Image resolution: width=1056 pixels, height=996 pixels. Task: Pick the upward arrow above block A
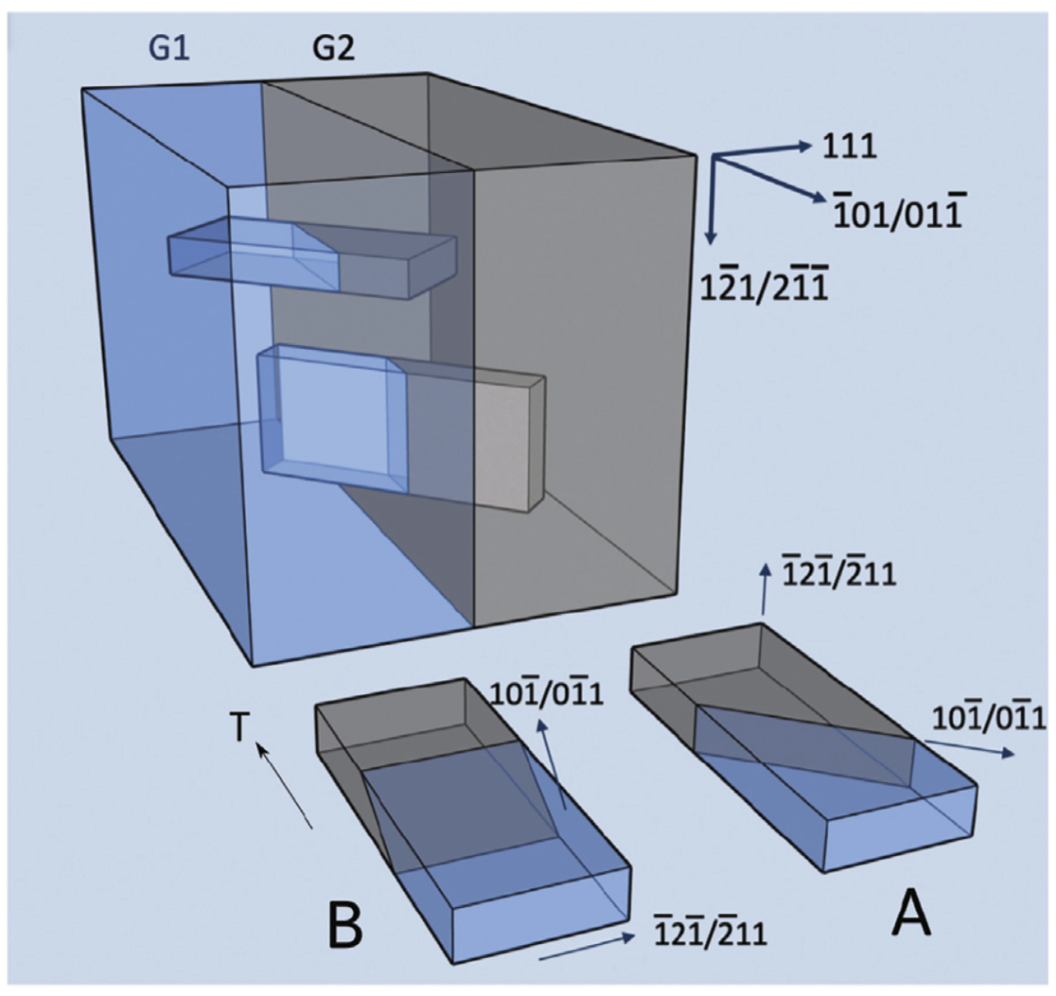click(x=762, y=592)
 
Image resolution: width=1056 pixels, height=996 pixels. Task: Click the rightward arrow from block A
click(x=967, y=750)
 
